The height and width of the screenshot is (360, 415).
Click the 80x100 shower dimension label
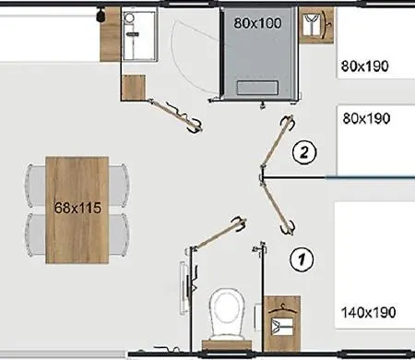coord(257,23)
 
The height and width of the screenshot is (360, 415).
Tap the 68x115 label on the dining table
coord(77,208)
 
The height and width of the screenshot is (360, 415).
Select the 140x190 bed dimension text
coord(369,312)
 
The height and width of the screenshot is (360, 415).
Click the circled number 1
coord(302,259)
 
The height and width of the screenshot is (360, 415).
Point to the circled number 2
coord(304,151)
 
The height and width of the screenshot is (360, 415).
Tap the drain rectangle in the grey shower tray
coord(257,88)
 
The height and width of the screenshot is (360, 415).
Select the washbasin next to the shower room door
coord(140,34)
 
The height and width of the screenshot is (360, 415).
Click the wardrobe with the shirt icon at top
coord(316,26)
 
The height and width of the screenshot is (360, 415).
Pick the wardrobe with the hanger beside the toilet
coord(282,323)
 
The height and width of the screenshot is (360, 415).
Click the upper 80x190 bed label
coord(365,66)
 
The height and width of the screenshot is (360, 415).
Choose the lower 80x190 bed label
coord(366,118)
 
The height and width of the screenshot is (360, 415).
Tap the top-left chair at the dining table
coord(36,186)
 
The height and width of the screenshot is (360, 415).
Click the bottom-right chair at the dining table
coord(119,234)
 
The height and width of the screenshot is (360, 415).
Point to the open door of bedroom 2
coord(276,142)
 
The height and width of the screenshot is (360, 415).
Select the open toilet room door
coord(219,234)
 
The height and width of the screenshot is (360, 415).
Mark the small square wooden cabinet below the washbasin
coord(134,88)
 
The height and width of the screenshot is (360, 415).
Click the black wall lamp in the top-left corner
coord(101,15)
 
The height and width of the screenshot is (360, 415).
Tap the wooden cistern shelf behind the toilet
coord(227,345)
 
